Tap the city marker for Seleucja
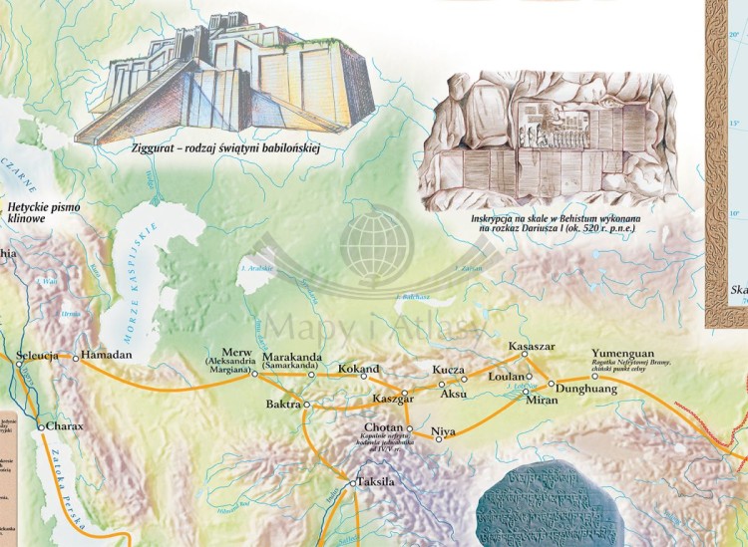tap(18, 364)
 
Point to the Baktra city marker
tap(307, 405)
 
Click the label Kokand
tap(358, 370)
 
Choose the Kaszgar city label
tap(392, 399)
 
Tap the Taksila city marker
tap(350, 483)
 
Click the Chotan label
tap(383, 428)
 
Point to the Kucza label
tap(449, 371)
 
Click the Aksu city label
tap(453, 394)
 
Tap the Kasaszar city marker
tap(524, 354)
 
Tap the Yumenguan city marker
tap(594, 377)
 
